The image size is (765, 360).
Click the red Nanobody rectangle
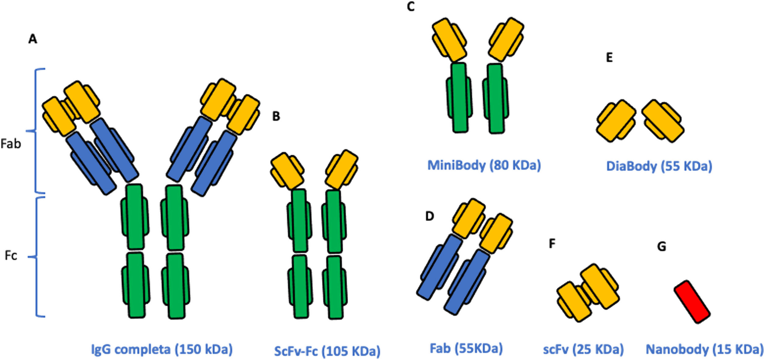pos(692,301)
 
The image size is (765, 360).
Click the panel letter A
pos(33,39)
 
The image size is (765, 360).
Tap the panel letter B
pos(276,116)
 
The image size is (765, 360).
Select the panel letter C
pos(411,7)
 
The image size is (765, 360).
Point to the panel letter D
pos(429,216)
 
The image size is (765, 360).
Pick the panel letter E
pos(609,58)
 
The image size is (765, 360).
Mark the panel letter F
pos(552,244)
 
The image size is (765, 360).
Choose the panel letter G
pos(661,247)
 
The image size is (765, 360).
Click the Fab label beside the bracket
pos(11,144)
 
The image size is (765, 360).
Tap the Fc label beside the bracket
pos(11,256)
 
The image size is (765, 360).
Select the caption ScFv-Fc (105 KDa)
pos(327,351)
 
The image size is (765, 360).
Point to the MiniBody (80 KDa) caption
pos(484,165)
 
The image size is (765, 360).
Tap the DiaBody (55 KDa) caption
pos(659,166)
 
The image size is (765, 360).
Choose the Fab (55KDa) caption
pos(466,348)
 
